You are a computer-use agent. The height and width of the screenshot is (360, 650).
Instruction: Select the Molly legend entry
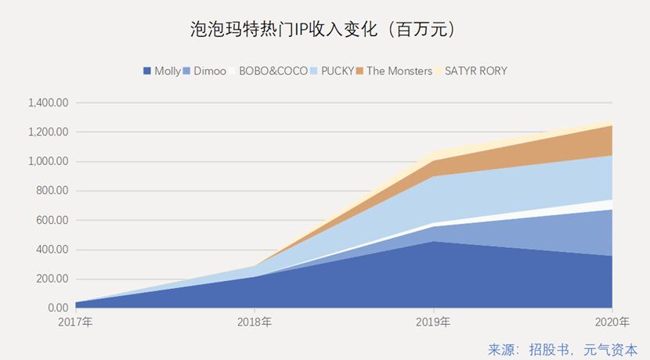162,71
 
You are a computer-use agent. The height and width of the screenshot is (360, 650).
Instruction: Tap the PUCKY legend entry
332,71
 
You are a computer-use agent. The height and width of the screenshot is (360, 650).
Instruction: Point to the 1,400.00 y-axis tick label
49,103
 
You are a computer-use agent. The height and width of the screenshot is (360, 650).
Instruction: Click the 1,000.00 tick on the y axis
49,161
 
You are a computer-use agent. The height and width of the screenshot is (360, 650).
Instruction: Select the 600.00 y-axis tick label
54,220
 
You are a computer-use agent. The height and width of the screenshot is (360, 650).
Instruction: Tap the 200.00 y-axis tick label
54,279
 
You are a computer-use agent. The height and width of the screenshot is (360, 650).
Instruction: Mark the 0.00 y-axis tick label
59,308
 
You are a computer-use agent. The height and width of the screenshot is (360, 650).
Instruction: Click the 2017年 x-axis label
76,322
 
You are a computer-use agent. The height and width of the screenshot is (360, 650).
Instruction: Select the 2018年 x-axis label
255,322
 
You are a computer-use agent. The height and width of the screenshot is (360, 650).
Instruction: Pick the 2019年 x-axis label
434,322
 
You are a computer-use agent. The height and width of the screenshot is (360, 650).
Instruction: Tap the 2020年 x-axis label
612,322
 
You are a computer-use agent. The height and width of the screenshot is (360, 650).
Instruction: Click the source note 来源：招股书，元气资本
562,349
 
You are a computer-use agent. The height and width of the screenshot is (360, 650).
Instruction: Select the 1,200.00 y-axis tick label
49,132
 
